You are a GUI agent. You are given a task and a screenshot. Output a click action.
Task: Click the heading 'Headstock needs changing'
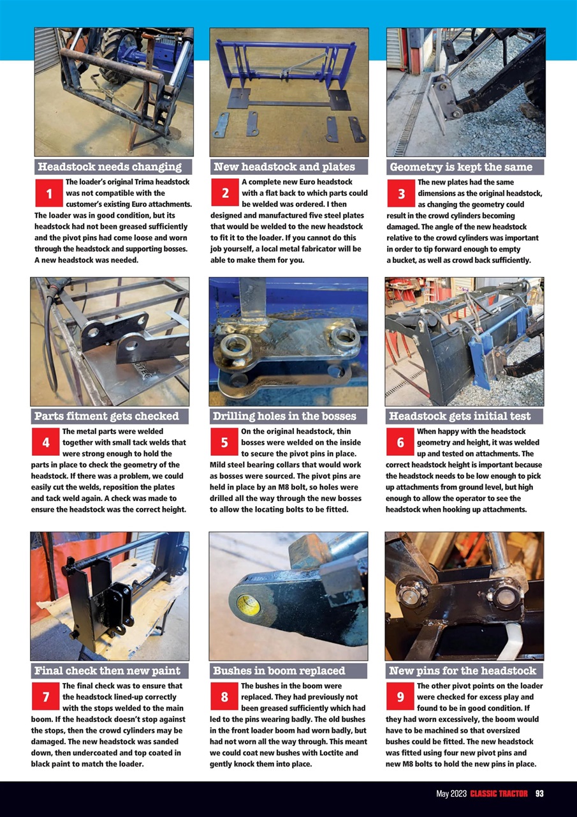tap(110, 167)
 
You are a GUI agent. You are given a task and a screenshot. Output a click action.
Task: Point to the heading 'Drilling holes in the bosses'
tap(284, 416)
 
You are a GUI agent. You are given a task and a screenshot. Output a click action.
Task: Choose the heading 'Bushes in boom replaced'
tap(279, 671)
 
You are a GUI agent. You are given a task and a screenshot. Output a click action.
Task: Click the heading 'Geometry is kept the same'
tap(460, 167)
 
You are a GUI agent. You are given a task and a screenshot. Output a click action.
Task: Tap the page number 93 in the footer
tap(539, 793)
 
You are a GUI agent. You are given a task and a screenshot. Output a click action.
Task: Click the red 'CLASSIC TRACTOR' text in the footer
tap(499, 793)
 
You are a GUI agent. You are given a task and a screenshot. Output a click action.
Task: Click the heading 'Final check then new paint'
tap(107, 671)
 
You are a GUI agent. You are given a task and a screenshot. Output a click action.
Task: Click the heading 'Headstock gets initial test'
tap(459, 416)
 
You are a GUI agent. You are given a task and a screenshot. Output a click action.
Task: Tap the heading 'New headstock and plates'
tap(284, 167)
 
